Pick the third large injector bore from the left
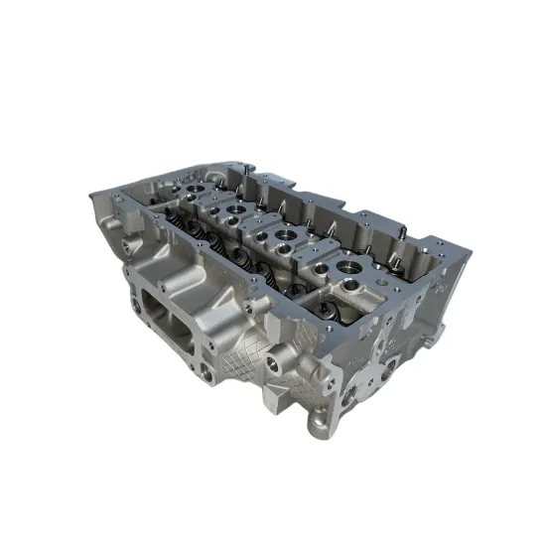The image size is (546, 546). (285, 238)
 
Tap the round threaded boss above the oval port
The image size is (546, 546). (131, 241)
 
